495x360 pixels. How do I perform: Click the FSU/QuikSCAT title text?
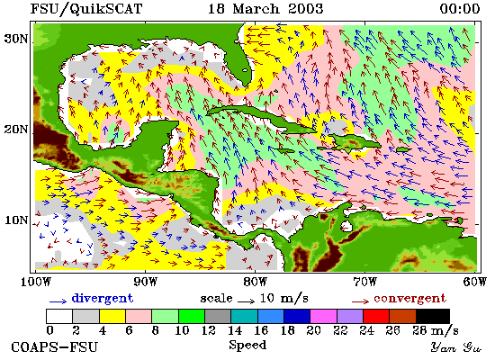click(86, 8)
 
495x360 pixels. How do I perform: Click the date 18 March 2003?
click(265, 8)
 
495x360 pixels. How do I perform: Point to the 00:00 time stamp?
click(460, 8)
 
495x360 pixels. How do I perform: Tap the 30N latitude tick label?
click(16, 40)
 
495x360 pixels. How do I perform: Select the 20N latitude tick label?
click(16, 130)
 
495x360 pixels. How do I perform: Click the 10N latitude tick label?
click(16, 220)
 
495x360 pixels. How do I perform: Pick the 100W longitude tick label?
click(36, 282)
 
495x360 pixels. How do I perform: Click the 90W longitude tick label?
click(145, 282)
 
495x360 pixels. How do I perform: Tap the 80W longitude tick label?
click(255, 282)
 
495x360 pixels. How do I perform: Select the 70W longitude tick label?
click(364, 282)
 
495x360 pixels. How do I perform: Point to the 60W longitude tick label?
click(475, 282)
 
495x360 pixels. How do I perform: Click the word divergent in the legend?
click(103, 299)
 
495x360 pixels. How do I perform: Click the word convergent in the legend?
click(410, 299)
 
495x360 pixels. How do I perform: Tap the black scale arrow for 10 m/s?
click(247, 301)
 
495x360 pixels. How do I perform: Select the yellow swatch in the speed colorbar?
click(112, 317)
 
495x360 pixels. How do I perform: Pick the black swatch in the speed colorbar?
click(433, 317)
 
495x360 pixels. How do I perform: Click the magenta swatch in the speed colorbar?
click(324, 317)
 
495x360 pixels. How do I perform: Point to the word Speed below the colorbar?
click(247, 346)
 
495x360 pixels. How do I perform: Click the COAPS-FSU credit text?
click(55, 347)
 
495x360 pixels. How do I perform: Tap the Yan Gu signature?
click(456, 347)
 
